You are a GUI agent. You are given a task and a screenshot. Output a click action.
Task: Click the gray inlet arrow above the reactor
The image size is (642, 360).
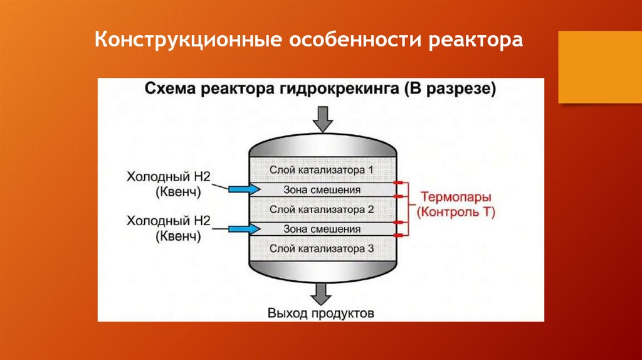click(x=324, y=119)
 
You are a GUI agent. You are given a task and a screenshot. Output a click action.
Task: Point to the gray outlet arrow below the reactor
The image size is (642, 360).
click(x=324, y=292)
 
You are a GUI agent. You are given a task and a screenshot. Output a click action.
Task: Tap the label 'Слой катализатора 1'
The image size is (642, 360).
click(x=322, y=170)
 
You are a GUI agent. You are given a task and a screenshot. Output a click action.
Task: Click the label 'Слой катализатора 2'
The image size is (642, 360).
click(x=322, y=209)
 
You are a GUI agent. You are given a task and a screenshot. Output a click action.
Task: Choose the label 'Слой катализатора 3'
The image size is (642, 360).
click(x=322, y=249)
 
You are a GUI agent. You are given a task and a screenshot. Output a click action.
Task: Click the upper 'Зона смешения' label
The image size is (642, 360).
click(x=322, y=189)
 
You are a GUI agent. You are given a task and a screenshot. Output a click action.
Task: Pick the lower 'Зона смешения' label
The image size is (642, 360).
click(x=322, y=229)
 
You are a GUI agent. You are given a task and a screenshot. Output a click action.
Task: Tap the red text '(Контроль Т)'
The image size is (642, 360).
click(x=456, y=213)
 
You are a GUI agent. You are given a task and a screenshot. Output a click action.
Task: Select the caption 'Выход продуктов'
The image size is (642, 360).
click(x=321, y=312)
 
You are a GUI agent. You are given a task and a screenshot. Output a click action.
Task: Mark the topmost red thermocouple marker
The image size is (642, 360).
click(x=399, y=183)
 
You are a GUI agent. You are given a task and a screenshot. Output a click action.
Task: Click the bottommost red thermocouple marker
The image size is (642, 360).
click(x=399, y=235)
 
